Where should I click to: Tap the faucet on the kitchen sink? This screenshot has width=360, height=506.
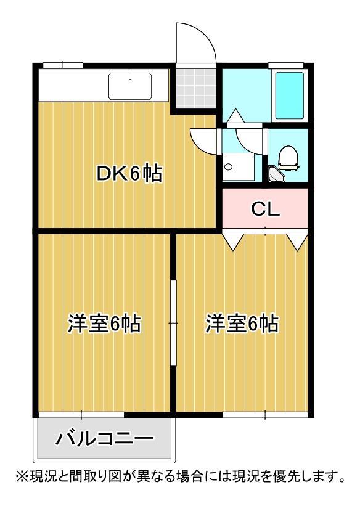pyautogui.click(x=130, y=75)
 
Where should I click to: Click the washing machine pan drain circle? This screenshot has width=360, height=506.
pyautogui.click(x=228, y=166)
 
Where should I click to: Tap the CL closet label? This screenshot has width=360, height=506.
pyautogui.click(x=265, y=210)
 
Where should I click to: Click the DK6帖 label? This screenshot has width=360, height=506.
pyautogui.click(x=128, y=174)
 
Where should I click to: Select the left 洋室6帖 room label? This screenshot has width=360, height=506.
pyautogui.click(x=104, y=323)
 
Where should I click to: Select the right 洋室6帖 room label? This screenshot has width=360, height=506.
pyautogui.click(x=242, y=323)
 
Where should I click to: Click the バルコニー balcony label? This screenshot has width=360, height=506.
pyautogui.click(x=105, y=439)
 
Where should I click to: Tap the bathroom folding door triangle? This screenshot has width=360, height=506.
pyautogui.click(x=235, y=116)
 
